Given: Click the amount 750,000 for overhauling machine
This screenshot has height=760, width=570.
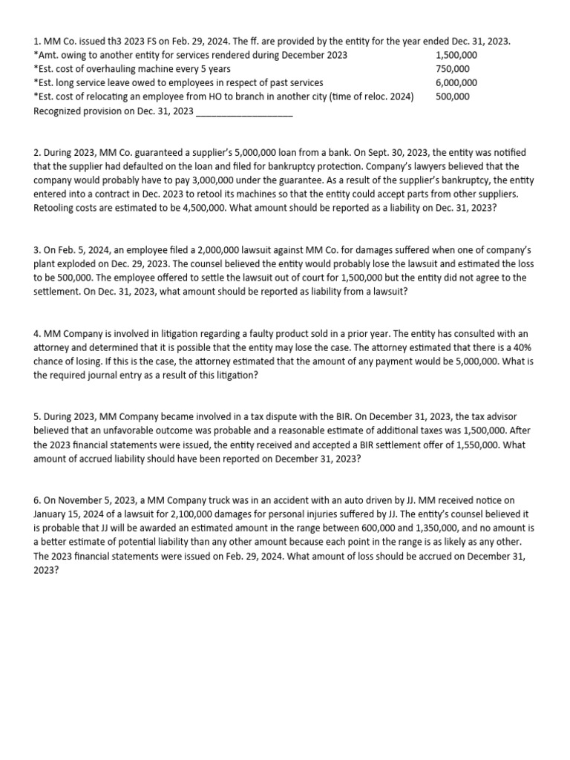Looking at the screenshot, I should (452, 69).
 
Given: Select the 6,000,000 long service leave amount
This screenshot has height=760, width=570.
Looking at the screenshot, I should (456, 83).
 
